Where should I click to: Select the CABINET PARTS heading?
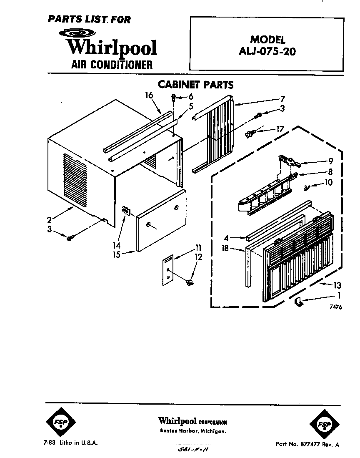pos(195,85)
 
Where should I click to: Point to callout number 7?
pos(282,99)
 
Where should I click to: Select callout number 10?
pos(329,182)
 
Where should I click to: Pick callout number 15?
pos(117,254)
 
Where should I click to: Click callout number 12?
pos(198,257)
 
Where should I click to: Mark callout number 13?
pos(337,285)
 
